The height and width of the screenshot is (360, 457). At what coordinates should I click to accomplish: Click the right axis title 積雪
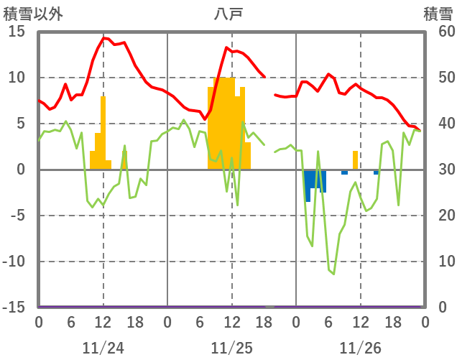click(438, 13)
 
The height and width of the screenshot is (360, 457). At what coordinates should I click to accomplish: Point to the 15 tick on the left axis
click(17, 32)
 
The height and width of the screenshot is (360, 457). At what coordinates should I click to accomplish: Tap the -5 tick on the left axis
click(17, 216)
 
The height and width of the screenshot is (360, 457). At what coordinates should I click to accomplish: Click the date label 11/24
click(103, 348)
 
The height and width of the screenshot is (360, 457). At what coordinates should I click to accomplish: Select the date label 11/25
click(231, 348)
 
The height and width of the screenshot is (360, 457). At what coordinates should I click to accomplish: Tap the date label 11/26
click(360, 348)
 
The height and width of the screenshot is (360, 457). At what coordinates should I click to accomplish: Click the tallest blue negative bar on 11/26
click(308, 185)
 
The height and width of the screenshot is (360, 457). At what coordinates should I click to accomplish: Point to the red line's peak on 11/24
click(103, 37)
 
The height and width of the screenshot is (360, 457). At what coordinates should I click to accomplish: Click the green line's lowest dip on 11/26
click(333, 274)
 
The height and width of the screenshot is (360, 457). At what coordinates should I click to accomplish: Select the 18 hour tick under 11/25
click(264, 322)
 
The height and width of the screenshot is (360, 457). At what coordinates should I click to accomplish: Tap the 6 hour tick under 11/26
click(328, 322)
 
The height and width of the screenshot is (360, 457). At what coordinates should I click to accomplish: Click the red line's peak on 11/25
click(227, 48)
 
